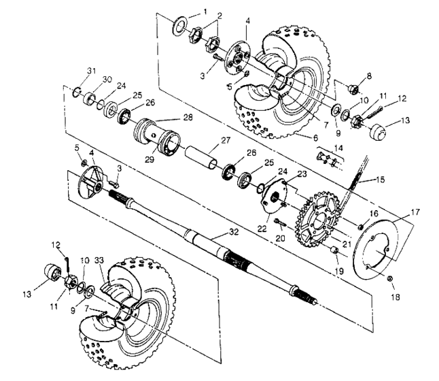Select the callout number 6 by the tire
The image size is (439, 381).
(x=298, y=137)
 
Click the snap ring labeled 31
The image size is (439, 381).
(x=79, y=93)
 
